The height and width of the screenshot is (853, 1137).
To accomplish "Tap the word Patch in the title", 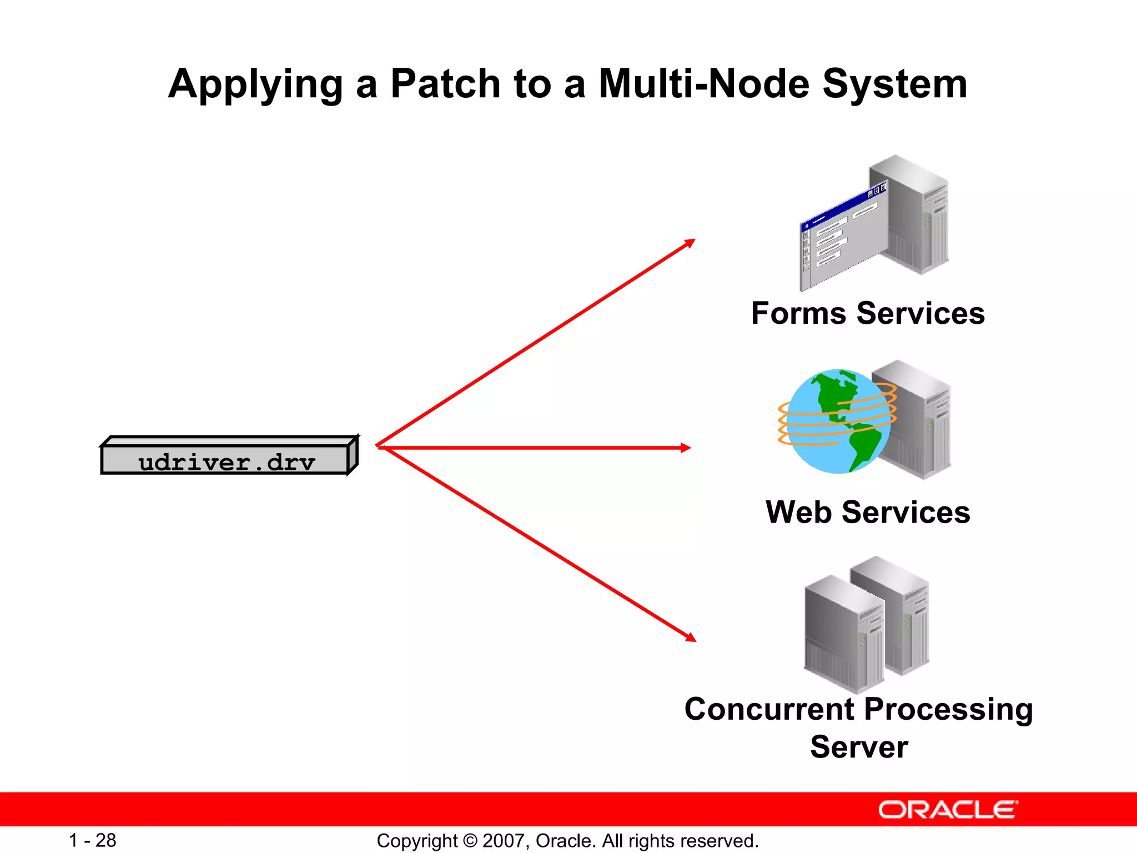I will pyautogui.click(x=446, y=84).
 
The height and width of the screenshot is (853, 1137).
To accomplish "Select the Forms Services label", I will pyautogui.click(x=868, y=314).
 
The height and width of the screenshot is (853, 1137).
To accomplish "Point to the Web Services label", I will pyautogui.click(x=868, y=512).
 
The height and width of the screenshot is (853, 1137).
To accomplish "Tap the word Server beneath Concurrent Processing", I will pyautogui.click(x=859, y=747).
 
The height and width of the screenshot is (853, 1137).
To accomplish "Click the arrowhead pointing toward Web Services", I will pyautogui.click(x=686, y=448).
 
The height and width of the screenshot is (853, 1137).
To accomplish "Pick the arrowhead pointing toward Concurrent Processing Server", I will pyautogui.click(x=691, y=638).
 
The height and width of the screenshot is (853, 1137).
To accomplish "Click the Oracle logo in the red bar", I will pyautogui.click(x=948, y=810).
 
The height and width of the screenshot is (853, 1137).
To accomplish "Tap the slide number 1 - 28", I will pyautogui.click(x=92, y=840).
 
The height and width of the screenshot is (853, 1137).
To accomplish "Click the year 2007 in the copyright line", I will pyautogui.click(x=506, y=841).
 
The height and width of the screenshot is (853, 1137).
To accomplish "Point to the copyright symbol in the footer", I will pyautogui.click(x=470, y=841).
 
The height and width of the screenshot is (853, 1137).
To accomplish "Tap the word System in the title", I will pyautogui.click(x=894, y=84).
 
